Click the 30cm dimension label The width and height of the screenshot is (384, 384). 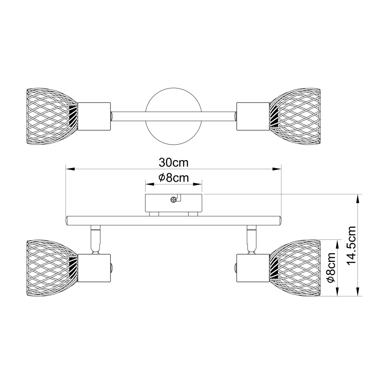[x=173, y=162]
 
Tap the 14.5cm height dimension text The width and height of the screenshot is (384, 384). [x=352, y=246]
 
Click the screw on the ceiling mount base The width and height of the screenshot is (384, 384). [x=173, y=200]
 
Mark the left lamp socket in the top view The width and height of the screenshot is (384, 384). [x=93, y=116]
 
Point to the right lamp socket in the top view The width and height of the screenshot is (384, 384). [x=253, y=116]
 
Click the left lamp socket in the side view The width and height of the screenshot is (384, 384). [x=93, y=268]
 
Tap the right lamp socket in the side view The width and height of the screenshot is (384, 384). [x=253, y=268]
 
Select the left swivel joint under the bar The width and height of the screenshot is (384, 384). [x=95, y=238]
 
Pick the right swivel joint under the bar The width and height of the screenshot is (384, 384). [x=251, y=238]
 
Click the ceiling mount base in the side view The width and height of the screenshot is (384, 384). [x=173, y=204]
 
